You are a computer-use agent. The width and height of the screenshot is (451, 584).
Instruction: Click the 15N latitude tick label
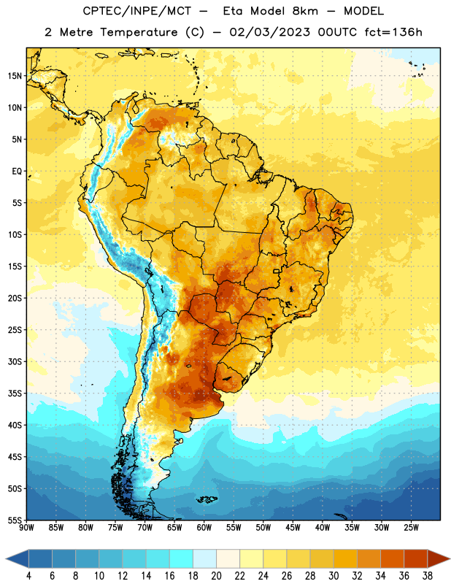(15, 76)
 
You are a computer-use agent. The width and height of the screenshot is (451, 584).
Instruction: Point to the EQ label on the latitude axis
(17, 172)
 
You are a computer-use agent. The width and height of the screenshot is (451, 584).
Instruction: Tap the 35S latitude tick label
(15, 393)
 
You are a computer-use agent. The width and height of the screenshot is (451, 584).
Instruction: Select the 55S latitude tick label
(15, 520)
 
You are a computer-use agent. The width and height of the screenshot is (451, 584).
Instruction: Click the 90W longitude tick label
(26, 528)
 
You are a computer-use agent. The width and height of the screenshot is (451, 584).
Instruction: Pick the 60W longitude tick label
(204, 528)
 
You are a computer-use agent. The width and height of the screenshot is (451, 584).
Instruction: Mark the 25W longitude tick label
(411, 528)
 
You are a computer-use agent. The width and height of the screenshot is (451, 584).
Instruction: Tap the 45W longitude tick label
(293, 528)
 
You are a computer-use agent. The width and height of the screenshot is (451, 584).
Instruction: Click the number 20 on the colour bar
(216, 576)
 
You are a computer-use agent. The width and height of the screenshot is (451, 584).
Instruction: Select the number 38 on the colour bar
(428, 576)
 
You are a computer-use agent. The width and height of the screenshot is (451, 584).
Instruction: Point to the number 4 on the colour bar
(28, 576)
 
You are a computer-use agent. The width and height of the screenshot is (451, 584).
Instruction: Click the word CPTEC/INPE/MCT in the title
(137, 11)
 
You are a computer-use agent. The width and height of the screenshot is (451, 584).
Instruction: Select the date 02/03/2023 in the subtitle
(269, 32)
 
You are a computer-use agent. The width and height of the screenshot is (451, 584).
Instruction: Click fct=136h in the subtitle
(393, 32)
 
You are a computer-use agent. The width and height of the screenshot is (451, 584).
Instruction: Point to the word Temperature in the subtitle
(139, 32)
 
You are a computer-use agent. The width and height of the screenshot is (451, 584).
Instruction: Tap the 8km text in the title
(305, 11)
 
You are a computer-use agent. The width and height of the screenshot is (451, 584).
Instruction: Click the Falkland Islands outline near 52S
(207, 499)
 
